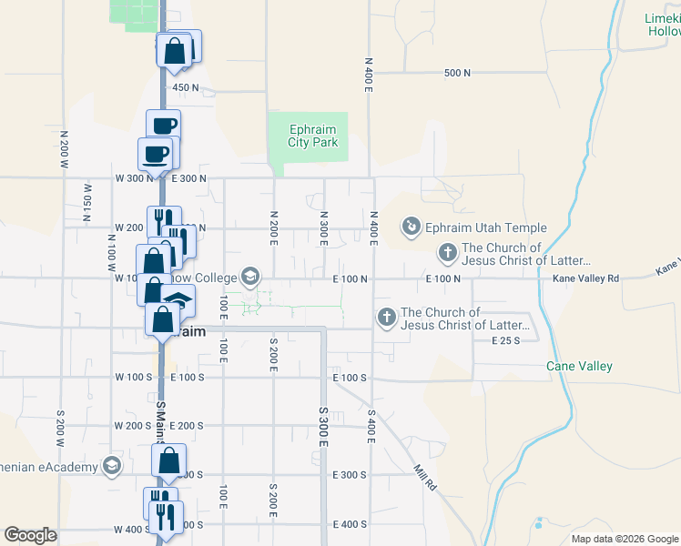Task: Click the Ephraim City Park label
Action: [313, 136]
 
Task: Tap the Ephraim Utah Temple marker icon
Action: [412, 226]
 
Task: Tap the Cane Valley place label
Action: [579, 366]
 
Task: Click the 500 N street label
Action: [457, 73]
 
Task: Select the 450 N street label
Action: [186, 88]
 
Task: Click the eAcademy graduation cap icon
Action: [111, 467]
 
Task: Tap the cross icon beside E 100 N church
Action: [447, 252]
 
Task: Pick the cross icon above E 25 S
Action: [386, 318]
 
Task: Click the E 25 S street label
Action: [504, 340]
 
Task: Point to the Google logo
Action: [30, 535]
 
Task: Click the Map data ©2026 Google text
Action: [624, 539]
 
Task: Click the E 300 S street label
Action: [349, 475]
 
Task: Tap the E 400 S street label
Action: [350, 524]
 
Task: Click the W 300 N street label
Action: [135, 178]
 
